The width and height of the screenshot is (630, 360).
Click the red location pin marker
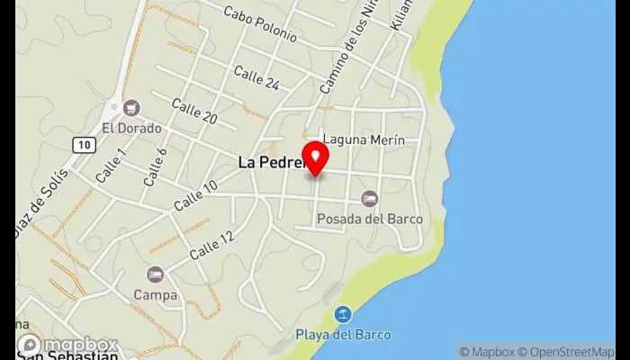(316, 157)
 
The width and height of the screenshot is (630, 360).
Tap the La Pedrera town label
(270, 163)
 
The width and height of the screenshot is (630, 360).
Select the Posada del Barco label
(369, 218)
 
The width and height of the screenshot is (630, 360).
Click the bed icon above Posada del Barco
(369, 198)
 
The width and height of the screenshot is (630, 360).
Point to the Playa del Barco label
(343, 335)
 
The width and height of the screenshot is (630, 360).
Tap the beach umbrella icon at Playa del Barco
(343, 315)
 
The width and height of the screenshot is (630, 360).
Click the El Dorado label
(132, 128)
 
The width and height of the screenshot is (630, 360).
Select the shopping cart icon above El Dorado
(132, 108)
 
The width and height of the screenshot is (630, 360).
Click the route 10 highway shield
(84, 144)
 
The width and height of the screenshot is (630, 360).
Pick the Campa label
(155, 294)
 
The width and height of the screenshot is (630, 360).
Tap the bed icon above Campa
(155, 274)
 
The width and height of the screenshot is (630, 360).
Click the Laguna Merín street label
(364, 140)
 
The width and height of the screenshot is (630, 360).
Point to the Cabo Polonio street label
(260, 23)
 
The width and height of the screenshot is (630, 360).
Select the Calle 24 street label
(256, 77)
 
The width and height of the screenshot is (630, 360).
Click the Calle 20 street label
(194, 112)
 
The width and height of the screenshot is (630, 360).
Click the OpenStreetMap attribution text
(572, 352)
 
